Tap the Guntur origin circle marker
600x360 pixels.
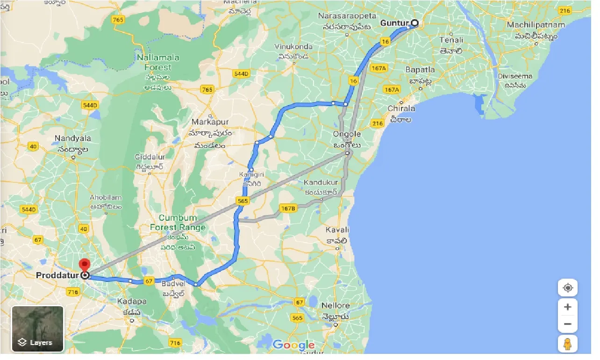(x=414, y=23)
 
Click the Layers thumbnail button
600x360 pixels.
(x=37, y=328)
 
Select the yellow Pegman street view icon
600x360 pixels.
(x=567, y=344)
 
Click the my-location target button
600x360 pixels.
(x=567, y=288)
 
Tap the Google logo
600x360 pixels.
(x=293, y=346)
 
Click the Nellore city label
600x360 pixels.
(x=336, y=306)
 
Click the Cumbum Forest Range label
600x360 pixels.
(x=178, y=223)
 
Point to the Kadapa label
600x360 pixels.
(x=132, y=301)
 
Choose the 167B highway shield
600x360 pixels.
(x=288, y=208)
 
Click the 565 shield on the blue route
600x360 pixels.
(x=243, y=201)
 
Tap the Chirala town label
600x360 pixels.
(x=401, y=108)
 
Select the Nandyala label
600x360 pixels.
(x=73, y=138)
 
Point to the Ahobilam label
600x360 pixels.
(x=106, y=197)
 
